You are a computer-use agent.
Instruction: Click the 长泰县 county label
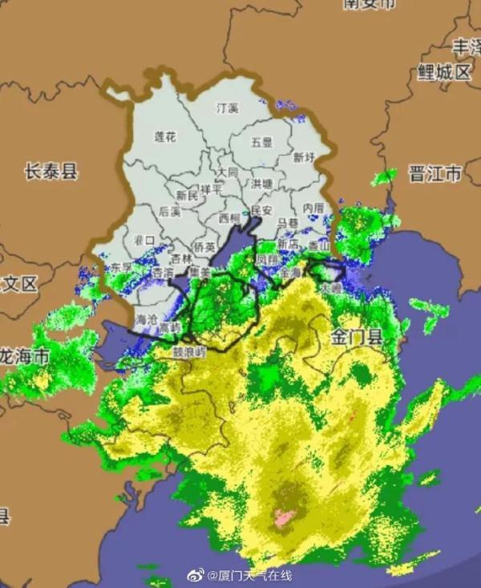51,170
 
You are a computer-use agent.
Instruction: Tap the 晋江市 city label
435,173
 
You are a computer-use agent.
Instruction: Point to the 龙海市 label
24,355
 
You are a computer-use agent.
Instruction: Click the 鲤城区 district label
443,72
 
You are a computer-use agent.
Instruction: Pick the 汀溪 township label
228,107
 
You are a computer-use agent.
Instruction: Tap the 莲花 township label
165,137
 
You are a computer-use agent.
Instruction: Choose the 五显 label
262,142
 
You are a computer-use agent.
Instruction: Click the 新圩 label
304,157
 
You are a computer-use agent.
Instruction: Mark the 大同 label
228,172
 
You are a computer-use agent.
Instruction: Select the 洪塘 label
262,184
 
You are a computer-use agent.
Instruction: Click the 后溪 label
170,212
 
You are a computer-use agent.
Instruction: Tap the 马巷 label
287,223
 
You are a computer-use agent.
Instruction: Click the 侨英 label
204,247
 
